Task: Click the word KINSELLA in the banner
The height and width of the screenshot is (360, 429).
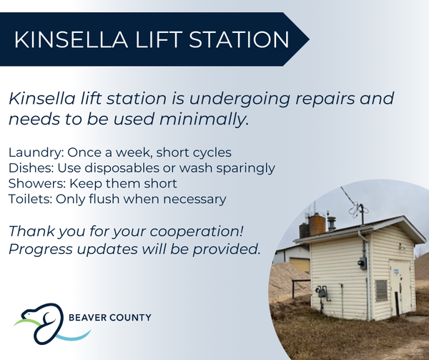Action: [x=71, y=39]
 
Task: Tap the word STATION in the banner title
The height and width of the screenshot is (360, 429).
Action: [x=239, y=39]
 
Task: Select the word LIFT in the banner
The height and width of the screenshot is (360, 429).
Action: [x=158, y=39]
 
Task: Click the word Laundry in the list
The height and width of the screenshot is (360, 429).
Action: [x=36, y=152]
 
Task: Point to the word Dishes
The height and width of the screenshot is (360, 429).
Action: [x=31, y=168]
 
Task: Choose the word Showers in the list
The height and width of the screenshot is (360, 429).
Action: [x=37, y=183]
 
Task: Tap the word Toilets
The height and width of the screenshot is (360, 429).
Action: [x=30, y=199]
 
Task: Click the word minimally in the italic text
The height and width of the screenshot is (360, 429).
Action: [x=204, y=120]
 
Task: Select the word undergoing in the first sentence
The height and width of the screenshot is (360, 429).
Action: [x=240, y=99]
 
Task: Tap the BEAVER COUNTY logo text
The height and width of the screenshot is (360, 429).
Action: [x=109, y=318]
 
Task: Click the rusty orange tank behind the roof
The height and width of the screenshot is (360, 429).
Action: [x=317, y=224]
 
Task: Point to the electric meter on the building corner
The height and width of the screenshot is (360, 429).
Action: [x=363, y=263]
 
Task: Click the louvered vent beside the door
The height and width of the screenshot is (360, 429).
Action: [x=381, y=291]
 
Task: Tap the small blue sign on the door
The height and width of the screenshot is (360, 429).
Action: [x=397, y=272]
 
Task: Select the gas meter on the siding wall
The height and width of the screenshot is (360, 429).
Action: [x=321, y=293]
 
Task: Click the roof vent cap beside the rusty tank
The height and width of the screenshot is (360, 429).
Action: [x=332, y=223]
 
